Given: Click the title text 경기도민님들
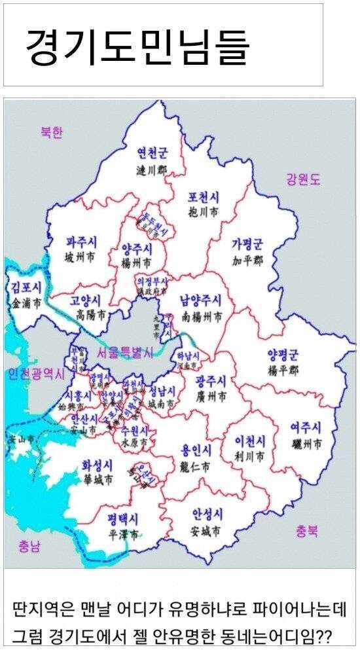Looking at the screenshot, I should click(137, 45).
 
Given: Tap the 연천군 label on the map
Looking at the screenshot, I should click(151, 153).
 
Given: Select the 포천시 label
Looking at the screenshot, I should click(203, 197).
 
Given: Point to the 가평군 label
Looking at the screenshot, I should click(247, 244).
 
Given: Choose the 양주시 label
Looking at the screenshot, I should click(137, 249).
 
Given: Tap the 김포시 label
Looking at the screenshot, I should click(27, 287).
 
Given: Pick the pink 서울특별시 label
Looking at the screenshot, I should click(124, 353).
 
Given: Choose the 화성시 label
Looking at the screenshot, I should click(97, 464).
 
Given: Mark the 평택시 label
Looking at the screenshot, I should click(123, 518).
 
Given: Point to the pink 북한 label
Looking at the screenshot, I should click(51, 132).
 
